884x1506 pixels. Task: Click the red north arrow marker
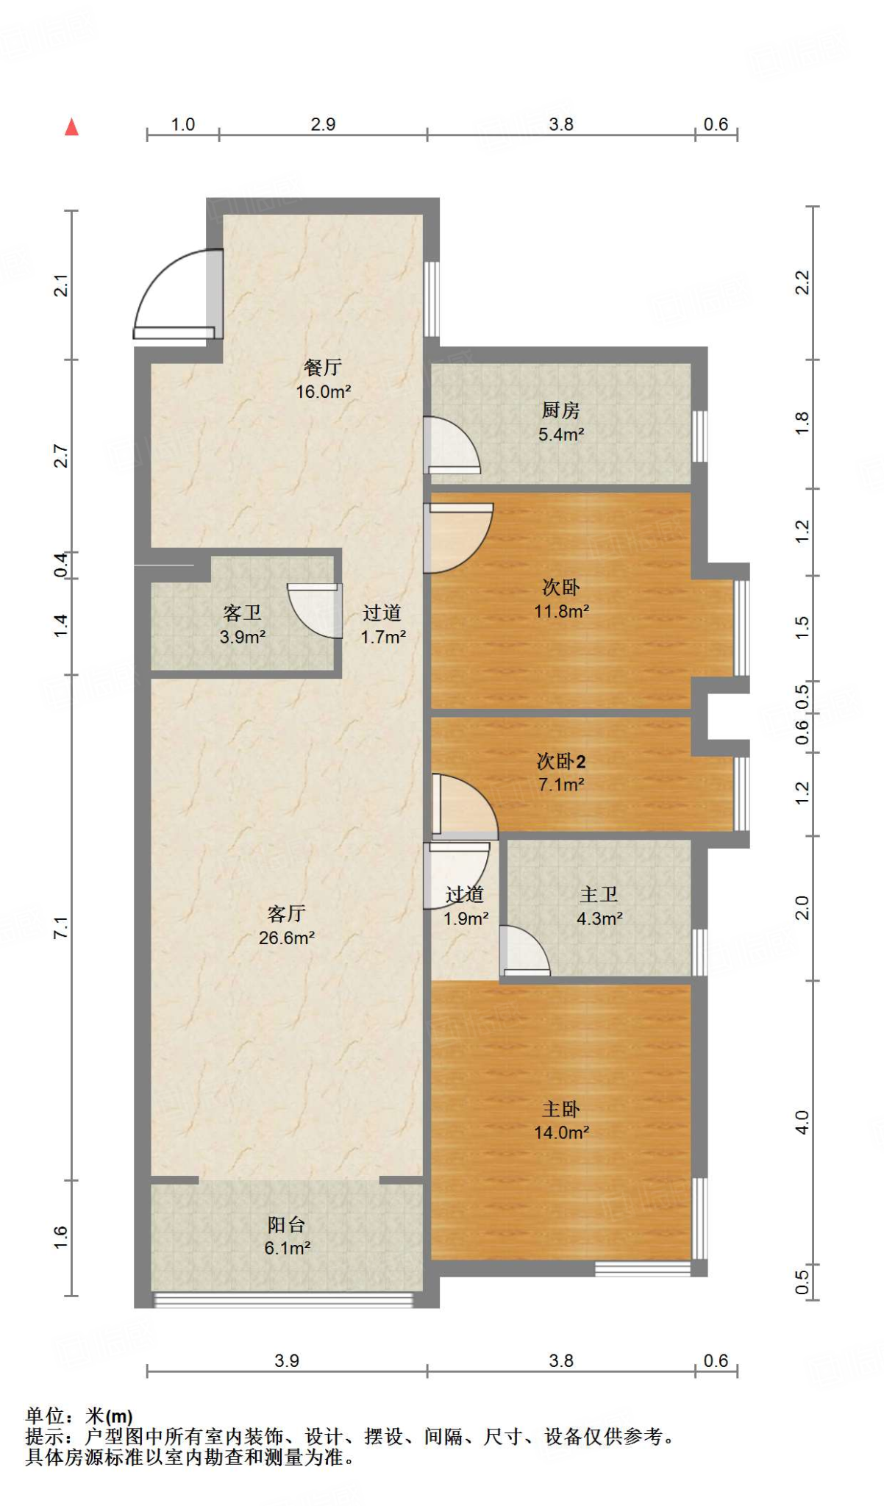pos(71,127)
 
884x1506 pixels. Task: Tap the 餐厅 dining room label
pos(323,367)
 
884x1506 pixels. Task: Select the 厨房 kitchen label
pos(561,410)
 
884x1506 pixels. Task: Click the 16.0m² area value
pos(323,392)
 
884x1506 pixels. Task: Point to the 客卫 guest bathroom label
pos(243,613)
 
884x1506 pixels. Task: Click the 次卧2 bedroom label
pos(561,761)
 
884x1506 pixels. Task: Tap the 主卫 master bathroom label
pos(599,894)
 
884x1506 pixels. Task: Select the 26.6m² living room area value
pos(287,938)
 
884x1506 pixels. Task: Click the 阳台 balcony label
pos(287,1224)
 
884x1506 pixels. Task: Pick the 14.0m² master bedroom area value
pos(561,1132)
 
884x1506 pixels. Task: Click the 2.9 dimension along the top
pos(323,124)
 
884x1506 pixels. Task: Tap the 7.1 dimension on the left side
pos(61,927)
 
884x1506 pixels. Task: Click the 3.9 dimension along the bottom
pos(287,1361)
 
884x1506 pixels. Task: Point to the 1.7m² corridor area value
pos(383,637)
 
